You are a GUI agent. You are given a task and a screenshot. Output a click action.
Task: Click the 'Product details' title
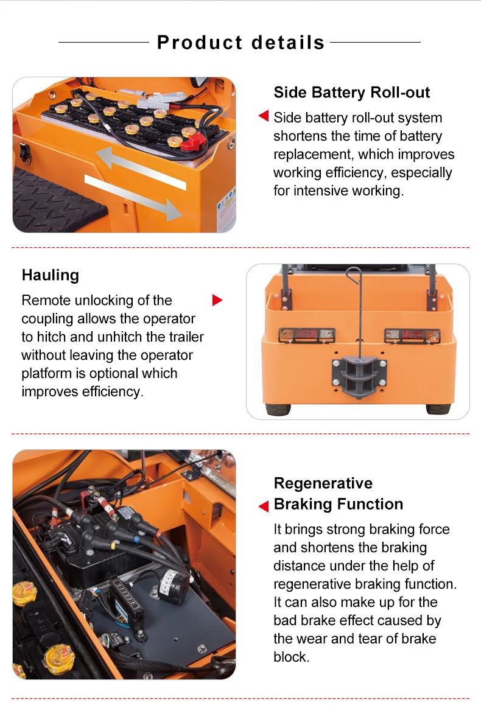click(x=240, y=43)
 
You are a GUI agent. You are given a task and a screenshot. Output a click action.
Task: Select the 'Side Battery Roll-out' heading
click(x=351, y=93)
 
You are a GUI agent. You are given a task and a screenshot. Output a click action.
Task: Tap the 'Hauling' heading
click(x=51, y=275)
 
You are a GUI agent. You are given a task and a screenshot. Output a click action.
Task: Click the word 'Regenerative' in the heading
click(x=323, y=483)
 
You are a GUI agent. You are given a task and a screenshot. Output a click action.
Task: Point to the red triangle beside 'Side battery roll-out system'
click(x=264, y=116)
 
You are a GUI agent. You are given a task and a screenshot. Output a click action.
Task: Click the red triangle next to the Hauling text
click(x=217, y=300)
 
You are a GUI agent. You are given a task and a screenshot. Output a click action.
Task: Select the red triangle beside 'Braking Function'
click(x=264, y=506)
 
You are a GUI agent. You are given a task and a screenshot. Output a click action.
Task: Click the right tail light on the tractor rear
click(x=412, y=335)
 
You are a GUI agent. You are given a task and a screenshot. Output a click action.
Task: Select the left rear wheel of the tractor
click(x=278, y=408)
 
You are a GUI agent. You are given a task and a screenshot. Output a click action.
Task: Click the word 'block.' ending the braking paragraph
click(x=291, y=657)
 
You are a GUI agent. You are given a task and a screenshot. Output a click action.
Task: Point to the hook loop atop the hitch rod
click(x=353, y=274)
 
